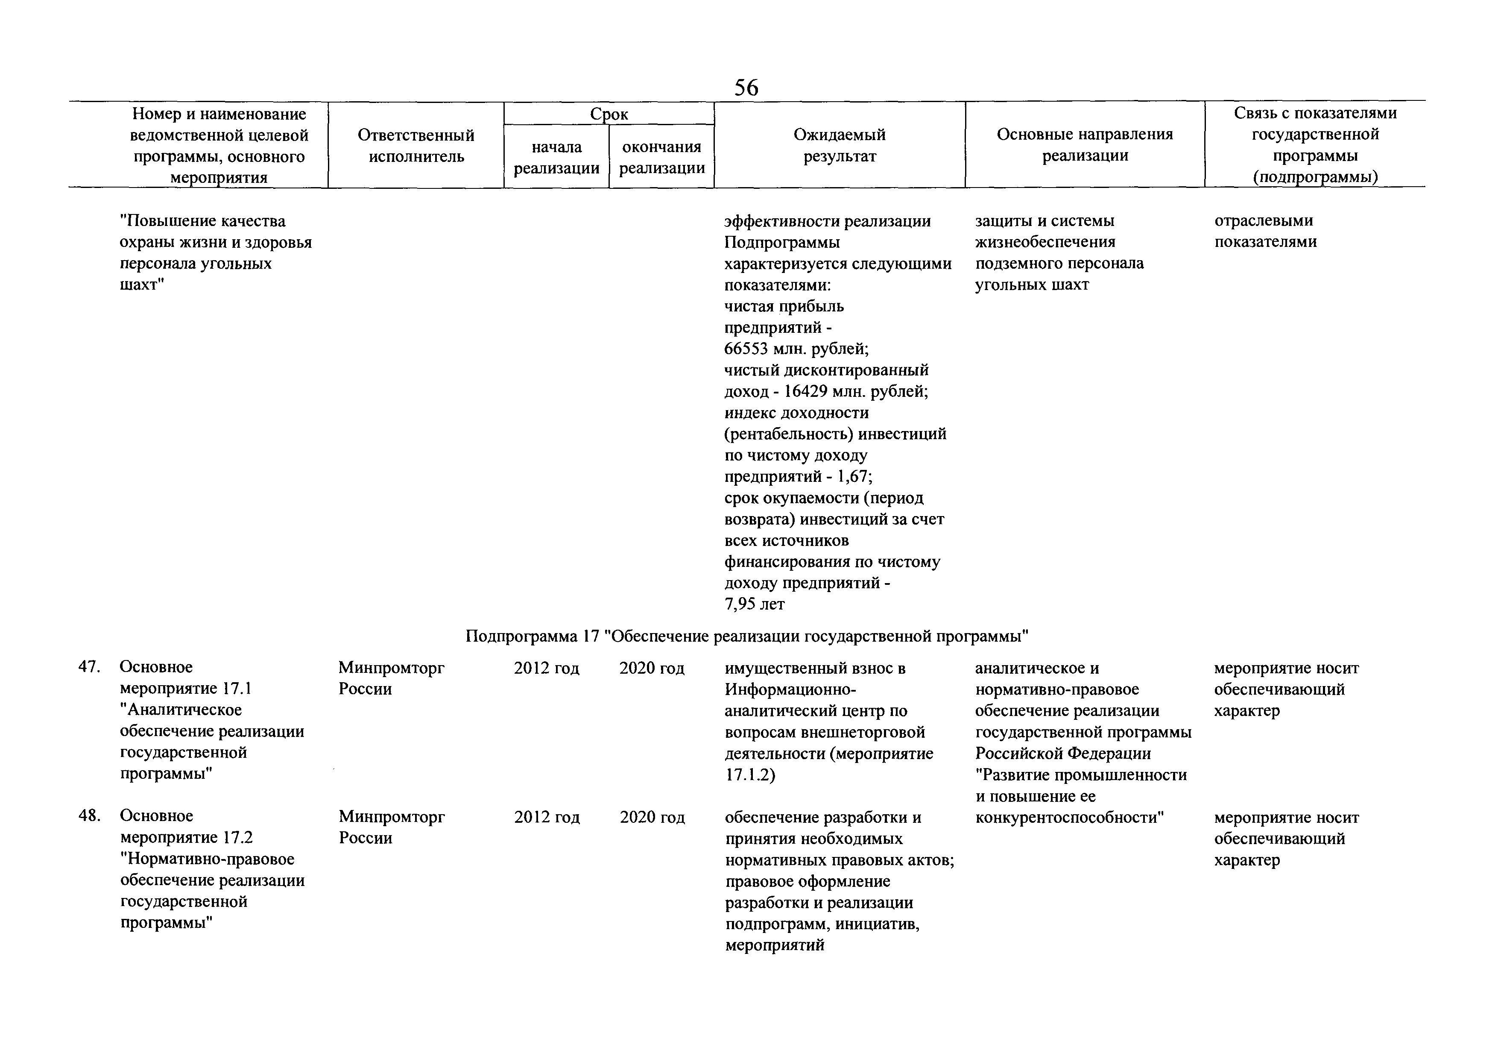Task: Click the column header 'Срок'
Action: (x=609, y=114)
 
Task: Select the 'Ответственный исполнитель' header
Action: (x=416, y=146)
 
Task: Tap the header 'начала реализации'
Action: (x=556, y=157)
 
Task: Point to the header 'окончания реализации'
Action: (x=661, y=157)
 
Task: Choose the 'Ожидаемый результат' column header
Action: (x=839, y=146)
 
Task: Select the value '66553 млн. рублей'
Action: (x=796, y=349)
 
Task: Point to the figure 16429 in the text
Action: (x=806, y=391)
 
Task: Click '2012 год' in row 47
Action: (x=546, y=668)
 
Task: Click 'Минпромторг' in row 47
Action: (x=392, y=668)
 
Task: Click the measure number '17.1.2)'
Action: (x=750, y=775)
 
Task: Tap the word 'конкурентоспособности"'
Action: (x=1070, y=817)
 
